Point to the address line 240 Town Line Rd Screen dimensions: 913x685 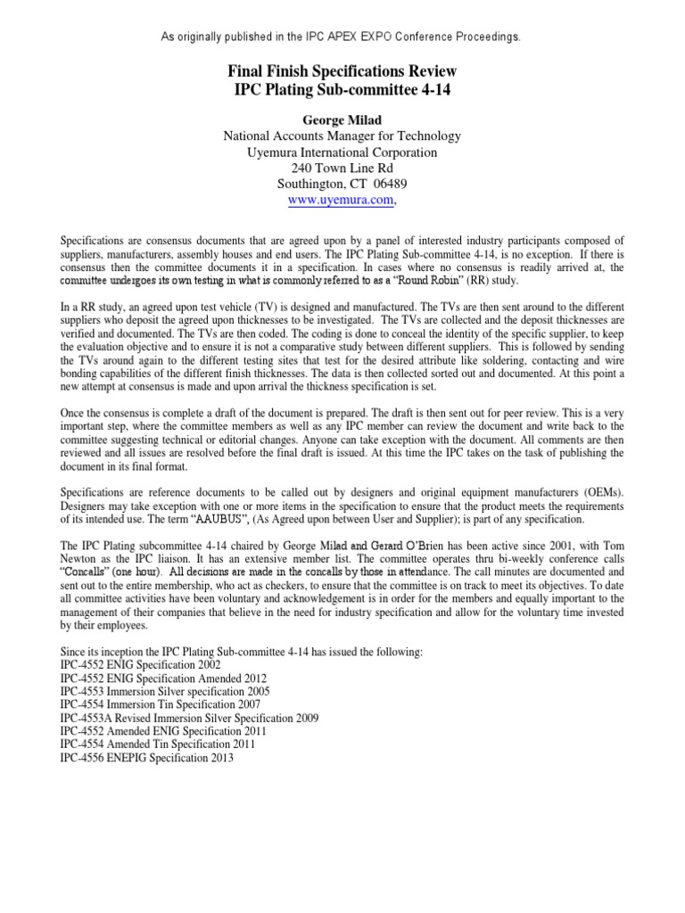point(342,169)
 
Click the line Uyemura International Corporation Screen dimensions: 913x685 point(342,152)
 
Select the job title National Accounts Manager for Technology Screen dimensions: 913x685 point(342,136)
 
